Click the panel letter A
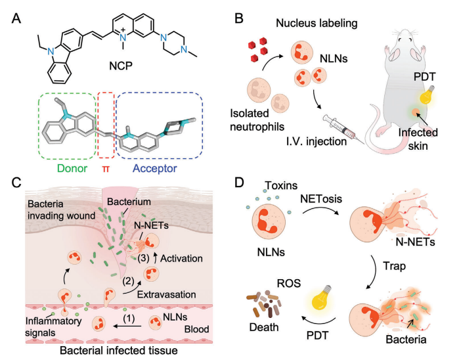tap(16, 18)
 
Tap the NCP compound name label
tap(121, 66)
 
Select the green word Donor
tap(72, 168)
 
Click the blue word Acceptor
tap(155, 169)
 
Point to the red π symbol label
tap(106, 169)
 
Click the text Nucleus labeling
tap(317, 23)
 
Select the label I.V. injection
tap(317, 141)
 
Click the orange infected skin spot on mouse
tap(415, 112)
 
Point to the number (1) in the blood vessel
tap(129, 318)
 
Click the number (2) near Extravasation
tap(128, 281)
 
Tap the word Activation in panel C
tap(181, 259)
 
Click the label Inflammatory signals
tap(53, 326)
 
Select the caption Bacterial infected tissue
tap(119, 350)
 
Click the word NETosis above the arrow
tap(321, 199)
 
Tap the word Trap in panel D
tap(394, 266)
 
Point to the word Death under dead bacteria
tap(264, 327)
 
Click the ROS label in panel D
tap(289, 283)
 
